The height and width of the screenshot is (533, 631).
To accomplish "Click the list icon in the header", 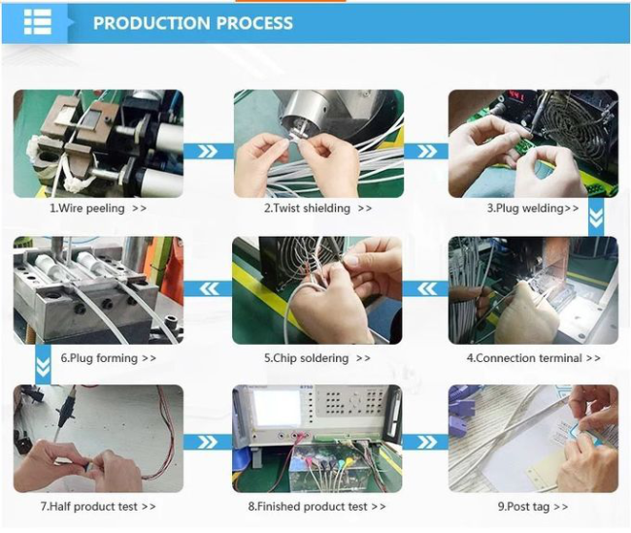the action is pos(38,21).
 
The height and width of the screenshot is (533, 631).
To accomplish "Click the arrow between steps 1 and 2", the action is pos(209,151).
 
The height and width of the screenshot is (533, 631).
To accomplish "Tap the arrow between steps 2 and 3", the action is pos(426,151).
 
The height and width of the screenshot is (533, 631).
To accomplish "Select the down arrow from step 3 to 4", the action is pos(596,217).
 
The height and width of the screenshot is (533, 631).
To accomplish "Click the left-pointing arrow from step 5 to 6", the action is pos(209,288).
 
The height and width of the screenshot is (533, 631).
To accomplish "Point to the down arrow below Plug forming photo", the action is pos(43,365).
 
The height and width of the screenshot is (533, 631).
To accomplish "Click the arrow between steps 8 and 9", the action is pos(426,442).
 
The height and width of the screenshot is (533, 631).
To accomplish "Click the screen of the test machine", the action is pos(277,408).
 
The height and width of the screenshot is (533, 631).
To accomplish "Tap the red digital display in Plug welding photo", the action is pos(515,97).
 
